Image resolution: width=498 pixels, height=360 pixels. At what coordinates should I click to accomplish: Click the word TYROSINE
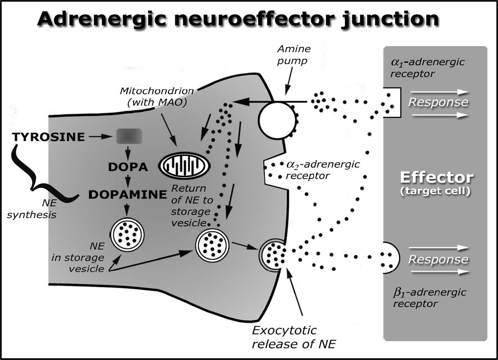click(x=49, y=137)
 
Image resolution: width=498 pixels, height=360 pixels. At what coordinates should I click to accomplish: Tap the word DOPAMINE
click(x=128, y=195)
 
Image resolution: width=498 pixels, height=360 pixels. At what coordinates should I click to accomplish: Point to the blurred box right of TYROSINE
click(x=129, y=137)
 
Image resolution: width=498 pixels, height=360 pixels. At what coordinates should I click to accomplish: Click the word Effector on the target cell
click(x=436, y=178)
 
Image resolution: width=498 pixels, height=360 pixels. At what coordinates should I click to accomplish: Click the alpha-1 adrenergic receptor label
click(x=427, y=67)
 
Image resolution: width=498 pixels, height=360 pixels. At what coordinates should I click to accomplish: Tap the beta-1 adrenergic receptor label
click(x=429, y=298)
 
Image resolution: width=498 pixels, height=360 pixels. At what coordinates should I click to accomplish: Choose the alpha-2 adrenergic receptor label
click(x=322, y=170)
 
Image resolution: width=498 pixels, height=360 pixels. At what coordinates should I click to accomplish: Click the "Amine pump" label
click(x=294, y=55)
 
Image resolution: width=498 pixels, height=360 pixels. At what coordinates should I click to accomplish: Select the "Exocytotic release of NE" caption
click(x=294, y=337)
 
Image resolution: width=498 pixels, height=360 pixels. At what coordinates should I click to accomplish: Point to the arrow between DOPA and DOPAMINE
click(x=128, y=180)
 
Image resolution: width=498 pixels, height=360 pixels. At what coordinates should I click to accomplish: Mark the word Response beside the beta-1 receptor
click(x=438, y=260)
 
